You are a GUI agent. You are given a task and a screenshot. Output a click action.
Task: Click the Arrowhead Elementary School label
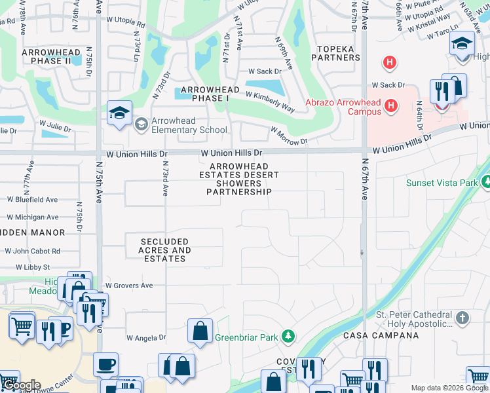(189, 125)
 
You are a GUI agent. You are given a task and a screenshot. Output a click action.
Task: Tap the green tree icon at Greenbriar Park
(287, 337)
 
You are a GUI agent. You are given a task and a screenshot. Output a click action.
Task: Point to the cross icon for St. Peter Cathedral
(462, 319)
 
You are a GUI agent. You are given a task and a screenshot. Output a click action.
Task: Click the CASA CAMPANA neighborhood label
(381, 335)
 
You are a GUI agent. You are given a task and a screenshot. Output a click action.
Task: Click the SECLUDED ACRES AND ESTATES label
(164, 250)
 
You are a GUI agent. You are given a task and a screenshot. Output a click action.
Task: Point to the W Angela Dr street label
(147, 338)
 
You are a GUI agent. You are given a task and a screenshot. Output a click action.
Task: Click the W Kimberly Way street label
(269, 95)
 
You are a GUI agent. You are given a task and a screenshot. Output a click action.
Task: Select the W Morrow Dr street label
(289, 138)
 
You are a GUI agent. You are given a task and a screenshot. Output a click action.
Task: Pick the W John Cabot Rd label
(32, 251)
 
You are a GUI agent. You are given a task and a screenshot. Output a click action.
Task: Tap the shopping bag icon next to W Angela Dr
(200, 332)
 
